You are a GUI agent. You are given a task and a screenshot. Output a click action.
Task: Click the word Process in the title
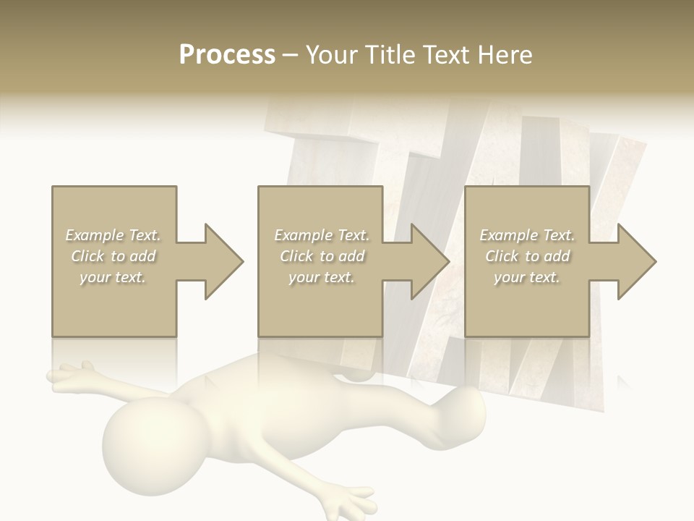point(227,54)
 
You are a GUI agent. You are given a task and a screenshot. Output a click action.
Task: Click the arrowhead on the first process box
point(224,261)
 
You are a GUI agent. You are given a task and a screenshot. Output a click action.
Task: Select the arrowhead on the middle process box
point(431,261)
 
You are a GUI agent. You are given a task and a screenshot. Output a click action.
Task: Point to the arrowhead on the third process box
point(637,261)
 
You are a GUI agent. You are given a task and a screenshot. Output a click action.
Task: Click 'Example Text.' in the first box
point(113,235)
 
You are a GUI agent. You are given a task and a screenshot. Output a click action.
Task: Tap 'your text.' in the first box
point(113,277)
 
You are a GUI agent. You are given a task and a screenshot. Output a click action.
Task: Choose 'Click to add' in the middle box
point(322,256)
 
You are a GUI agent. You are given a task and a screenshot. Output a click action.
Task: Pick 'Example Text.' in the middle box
point(322,235)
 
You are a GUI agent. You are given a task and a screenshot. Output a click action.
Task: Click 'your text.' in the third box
point(527,277)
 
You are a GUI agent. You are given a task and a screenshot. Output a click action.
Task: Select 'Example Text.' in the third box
point(527,235)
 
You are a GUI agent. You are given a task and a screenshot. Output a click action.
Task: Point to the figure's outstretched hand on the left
point(69,376)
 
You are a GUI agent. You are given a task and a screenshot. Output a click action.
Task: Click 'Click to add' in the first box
point(113,256)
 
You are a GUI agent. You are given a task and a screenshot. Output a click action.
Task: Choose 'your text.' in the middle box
point(322,277)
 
